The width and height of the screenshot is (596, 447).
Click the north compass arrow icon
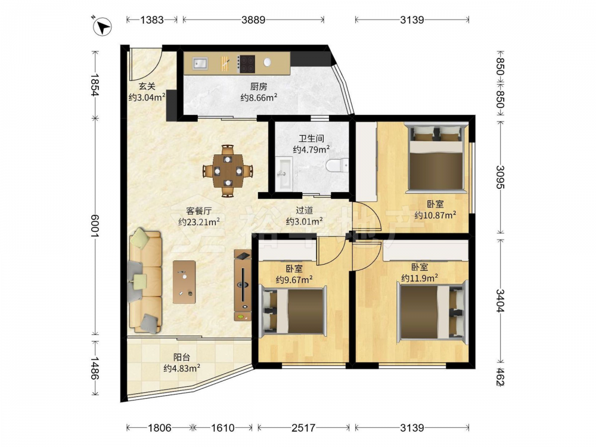point(101,27)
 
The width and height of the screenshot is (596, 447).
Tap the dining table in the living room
point(228,170)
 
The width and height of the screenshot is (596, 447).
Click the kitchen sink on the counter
point(200,64)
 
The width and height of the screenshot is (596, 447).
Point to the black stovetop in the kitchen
point(246,64)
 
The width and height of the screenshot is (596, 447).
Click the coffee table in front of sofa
point(184,282)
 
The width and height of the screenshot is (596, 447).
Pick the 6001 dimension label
point(95,226)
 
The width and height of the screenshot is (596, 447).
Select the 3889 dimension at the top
point(253,20)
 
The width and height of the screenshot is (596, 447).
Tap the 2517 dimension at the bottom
point(303,428)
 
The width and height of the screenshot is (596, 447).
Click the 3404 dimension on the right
point(500,300)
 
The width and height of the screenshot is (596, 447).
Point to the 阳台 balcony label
point(182,357)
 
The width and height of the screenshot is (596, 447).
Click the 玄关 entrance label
point(147,86)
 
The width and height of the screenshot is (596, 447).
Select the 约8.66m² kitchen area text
point(259,98)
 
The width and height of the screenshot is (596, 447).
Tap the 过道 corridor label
point(304,210)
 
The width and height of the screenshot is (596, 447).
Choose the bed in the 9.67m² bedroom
point(293,312)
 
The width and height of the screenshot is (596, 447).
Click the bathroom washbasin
point(283,173)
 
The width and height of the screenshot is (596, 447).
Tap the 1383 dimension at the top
point(151,20)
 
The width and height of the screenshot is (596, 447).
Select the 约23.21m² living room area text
point(199,222)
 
